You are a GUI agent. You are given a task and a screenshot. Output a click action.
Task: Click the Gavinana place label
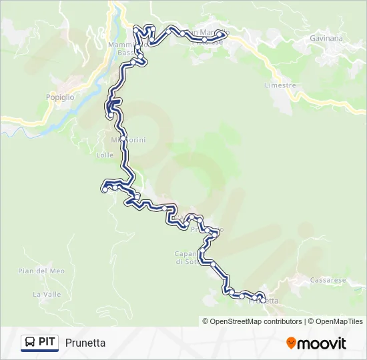click(x=326, y=38)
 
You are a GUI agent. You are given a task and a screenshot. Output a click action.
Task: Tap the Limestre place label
click(x=280, y=85)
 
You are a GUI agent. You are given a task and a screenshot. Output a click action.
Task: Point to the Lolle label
click(x=105, y=155)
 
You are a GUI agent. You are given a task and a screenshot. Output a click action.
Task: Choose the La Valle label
click(x=47, y=294)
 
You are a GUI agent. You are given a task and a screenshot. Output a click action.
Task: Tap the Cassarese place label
click(x=328, y=281)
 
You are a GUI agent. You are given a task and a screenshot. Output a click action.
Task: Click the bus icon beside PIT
click(x=29, y=343)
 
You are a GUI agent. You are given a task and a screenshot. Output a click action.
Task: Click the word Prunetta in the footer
click(x=85, y=343)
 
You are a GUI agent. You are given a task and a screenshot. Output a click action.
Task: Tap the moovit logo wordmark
click(x=322, y=343)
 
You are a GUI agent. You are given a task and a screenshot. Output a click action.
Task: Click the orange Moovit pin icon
click(x=291, y=343)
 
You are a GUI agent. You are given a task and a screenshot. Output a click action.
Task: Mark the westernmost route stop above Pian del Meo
click(x=105, y=190)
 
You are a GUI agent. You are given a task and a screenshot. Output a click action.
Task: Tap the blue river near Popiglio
click(x=73, y=112)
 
